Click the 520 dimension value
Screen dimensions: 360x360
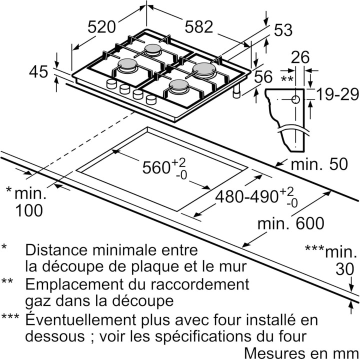pyautogui.click(x=102, y=27)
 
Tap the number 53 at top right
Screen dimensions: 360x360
pyautogui.click(x=282, y=30)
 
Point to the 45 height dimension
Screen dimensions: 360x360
pyautogui.click(x=38, y=72)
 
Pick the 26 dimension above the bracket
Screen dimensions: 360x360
pyautogui.click(x=300, y=57)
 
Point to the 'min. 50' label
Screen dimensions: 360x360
pyautogui.click(x=318, y=164)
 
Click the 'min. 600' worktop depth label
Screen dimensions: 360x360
pyautogui.click(x=290, y=223)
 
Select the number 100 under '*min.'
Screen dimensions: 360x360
pyautogui.click(x=28, y=210)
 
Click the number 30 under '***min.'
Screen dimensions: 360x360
pyautogui.click(x=345, y=269)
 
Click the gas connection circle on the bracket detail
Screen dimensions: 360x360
pyautogui.click(x=296, y=99)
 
